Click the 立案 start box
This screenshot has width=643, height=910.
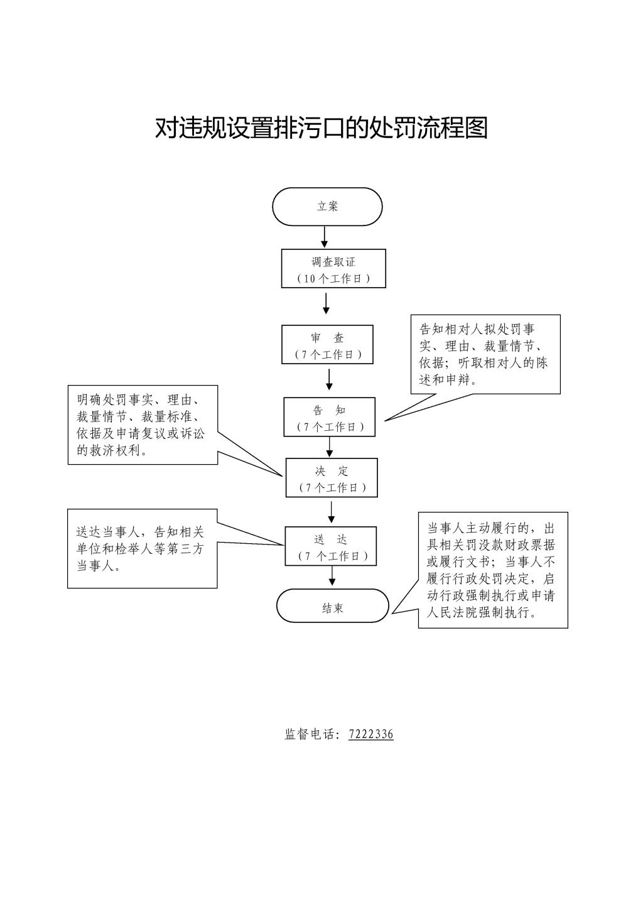pos(327,206)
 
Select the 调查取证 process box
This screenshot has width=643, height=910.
pos(333,269)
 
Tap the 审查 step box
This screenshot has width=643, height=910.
pos(327,345)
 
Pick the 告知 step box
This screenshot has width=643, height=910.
pos(330,417)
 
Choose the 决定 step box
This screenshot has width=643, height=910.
pos(332,478)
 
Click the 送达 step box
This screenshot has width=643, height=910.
pos(331,546)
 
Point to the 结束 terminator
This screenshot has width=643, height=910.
pos(333,606)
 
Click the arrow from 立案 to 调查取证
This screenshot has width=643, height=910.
pos(325,237)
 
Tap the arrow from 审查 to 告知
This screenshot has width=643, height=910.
pos(329,379)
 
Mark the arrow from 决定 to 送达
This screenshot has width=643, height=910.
pos(332,511)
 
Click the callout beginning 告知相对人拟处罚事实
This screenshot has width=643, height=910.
pos(485,354)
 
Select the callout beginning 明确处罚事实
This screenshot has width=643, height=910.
pos(143,425)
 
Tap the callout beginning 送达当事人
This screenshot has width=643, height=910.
pos(142,548)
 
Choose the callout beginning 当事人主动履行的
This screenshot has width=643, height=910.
pos(493,570)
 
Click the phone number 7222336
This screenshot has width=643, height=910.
pos(371,734)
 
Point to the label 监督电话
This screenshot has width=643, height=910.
pos(310,734)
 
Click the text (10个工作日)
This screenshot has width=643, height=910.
pos(333,278)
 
